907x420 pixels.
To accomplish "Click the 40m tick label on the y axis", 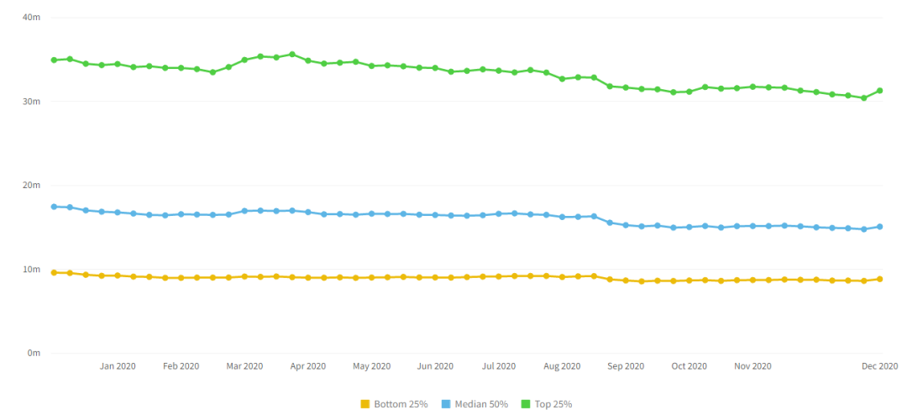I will (x=33, y=17).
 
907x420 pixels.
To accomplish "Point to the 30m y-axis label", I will (x=33, y=101).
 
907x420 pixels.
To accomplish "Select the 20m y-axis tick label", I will (x=33, y=185).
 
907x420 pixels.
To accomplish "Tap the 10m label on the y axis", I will (x=33, y=269).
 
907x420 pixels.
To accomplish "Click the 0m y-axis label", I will (x=34, y=353).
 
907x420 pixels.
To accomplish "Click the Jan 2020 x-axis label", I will (x=118, y=366).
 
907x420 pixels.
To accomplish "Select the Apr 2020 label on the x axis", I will (x=308, y=366).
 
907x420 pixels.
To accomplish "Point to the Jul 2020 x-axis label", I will (x=499, y=366).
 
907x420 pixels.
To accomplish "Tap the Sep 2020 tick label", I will (x=626, y=366).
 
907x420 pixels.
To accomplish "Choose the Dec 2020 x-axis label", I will (x=880, y=366).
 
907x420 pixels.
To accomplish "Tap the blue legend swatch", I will (x=446, y=404).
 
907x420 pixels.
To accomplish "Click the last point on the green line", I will (x=880, y=91).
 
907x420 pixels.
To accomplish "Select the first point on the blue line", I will (x=54, y=207).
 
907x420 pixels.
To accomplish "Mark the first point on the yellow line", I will (x=54, y=272).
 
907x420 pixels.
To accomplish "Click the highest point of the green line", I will (x=292, y=55).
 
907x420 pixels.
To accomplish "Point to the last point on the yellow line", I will (x=880, y=279).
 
